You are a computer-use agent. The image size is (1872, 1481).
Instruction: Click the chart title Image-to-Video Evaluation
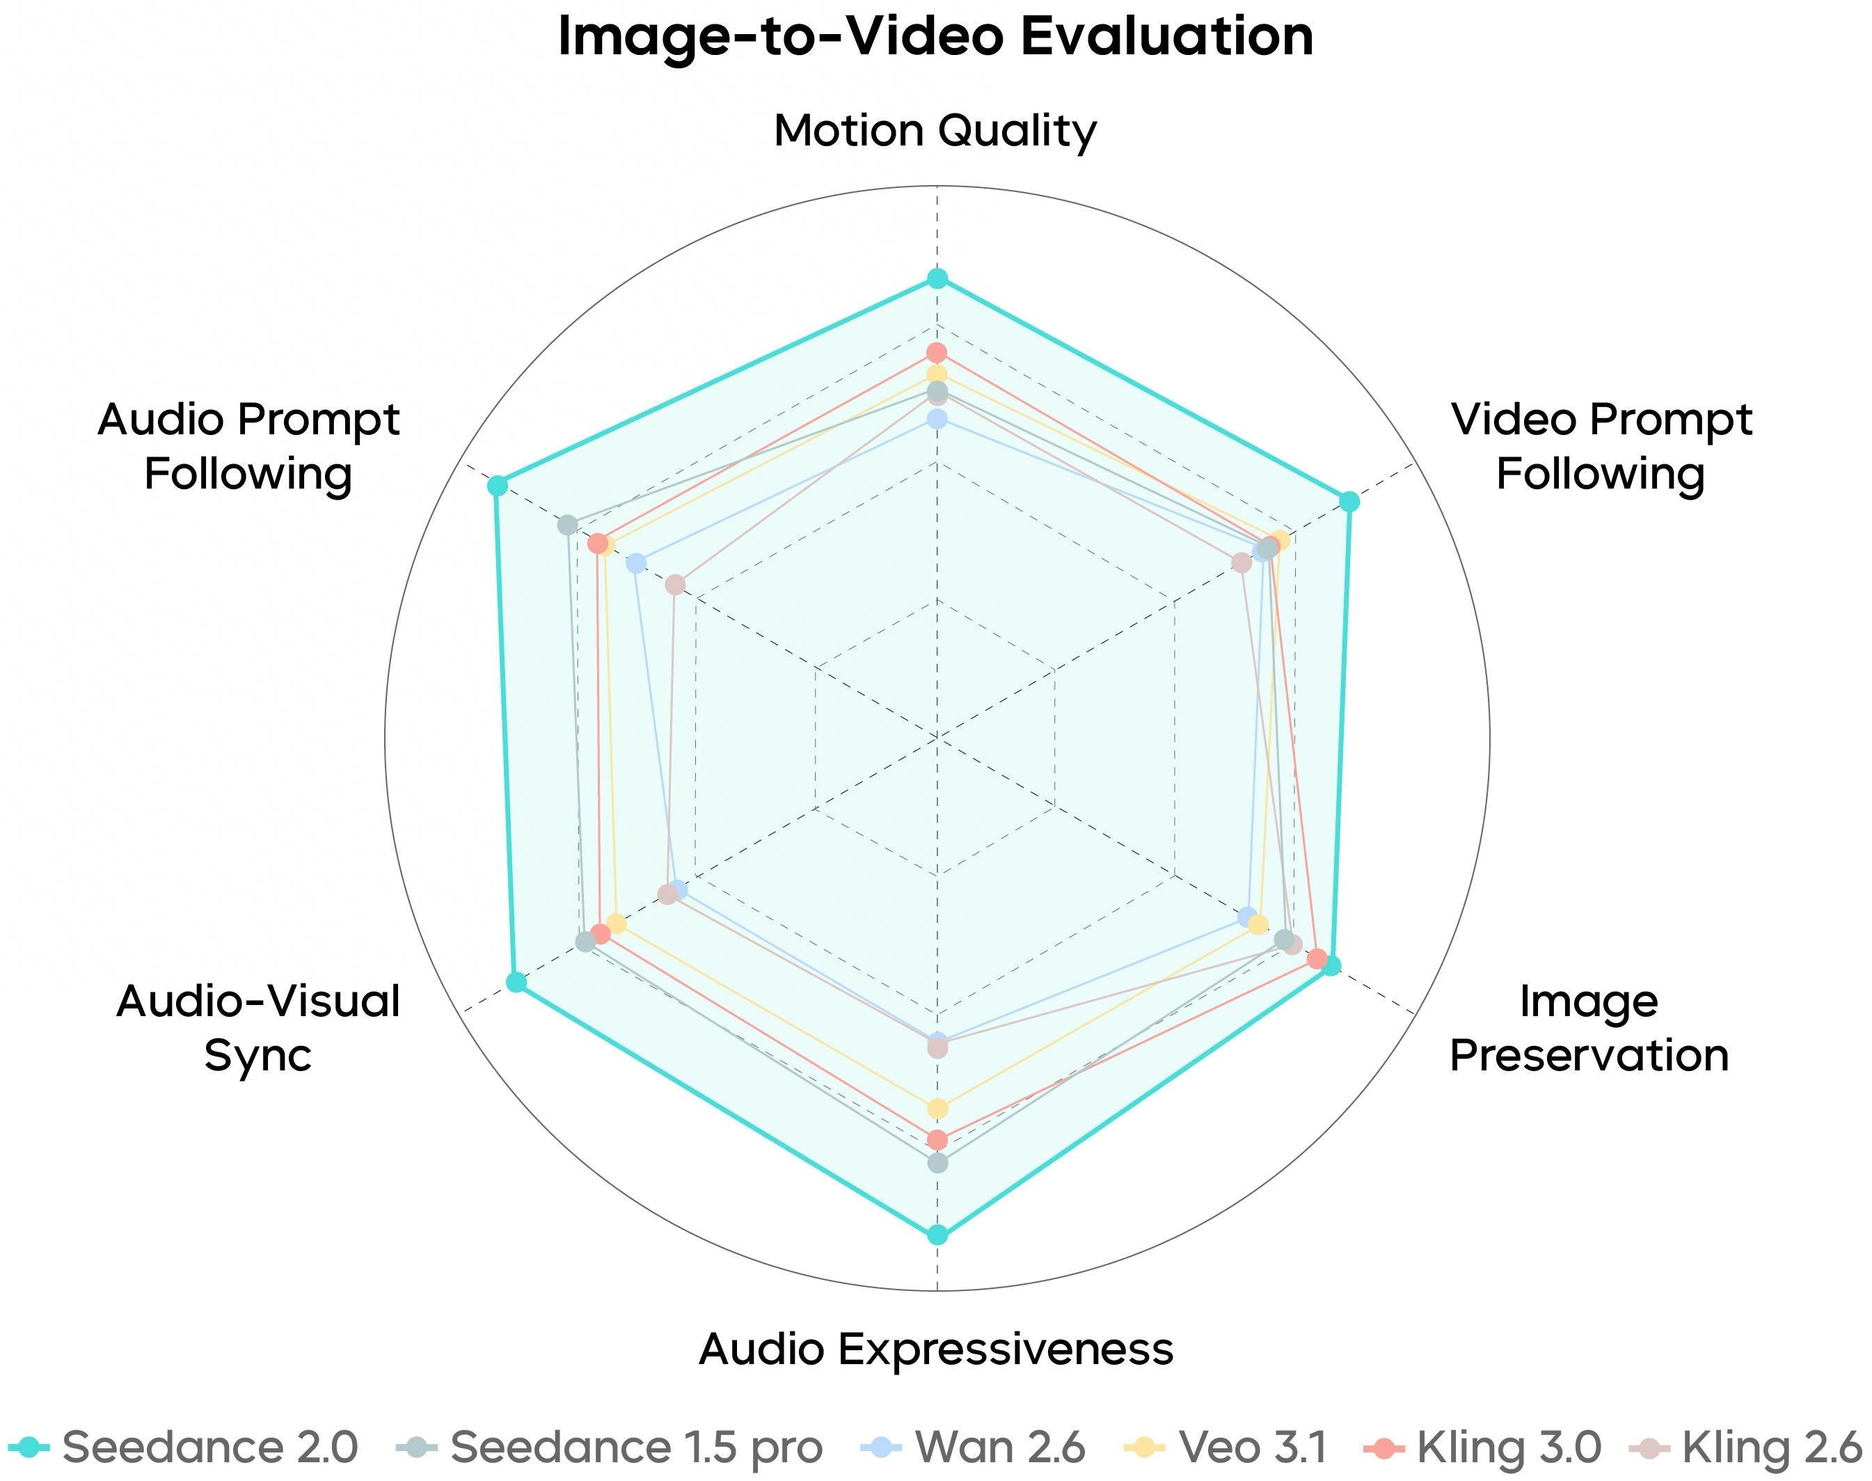click(935, 36)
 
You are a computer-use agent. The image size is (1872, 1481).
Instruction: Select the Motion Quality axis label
click(935, 131)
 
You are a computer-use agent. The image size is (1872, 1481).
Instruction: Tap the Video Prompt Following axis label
click(1601, 447)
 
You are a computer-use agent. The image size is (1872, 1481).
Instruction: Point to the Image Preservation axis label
click(1589, 1029)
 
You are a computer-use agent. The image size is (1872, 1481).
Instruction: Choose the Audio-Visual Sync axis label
click(258, 1029)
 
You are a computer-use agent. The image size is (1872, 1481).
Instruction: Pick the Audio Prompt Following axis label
click(249, 447)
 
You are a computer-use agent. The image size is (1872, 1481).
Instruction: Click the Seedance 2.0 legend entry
click(183, 1446)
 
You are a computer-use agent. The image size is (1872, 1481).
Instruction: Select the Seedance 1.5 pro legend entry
click(610, 1446)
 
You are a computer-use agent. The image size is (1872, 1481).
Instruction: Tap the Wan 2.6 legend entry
click(973, 1446)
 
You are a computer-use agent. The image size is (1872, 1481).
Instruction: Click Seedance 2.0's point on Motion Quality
click(937, 279)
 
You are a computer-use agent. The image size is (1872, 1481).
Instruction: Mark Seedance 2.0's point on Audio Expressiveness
click(937, 1234)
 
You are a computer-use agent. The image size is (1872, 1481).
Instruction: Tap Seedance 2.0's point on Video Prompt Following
click(1349, 501)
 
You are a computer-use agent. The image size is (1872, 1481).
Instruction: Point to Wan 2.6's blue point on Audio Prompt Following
click(637, 564)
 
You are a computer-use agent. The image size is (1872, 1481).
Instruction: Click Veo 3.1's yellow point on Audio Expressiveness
click(937, 1108)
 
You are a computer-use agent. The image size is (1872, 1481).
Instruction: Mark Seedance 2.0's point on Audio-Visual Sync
click(516, 981)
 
